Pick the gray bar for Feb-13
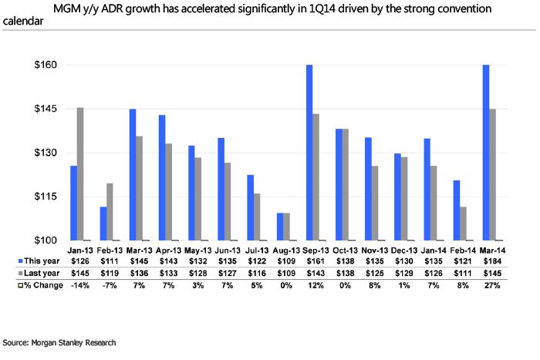110,212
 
